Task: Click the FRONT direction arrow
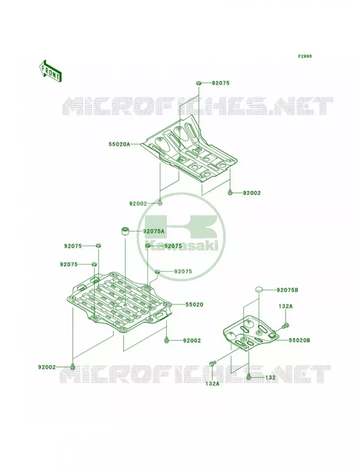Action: coord(50,71)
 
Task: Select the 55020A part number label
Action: coord(119,144)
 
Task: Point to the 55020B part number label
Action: coord(299,340)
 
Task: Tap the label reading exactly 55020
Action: coord(194,304)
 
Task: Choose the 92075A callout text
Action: coord(154,231)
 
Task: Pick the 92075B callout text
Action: coord(288,290)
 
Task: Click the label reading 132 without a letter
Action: coord(270,377)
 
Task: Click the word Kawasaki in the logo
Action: coord(181,245)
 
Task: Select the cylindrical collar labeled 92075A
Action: coord(125,231)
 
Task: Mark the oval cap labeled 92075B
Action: coord(259,290)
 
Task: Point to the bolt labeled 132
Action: coord(249,376)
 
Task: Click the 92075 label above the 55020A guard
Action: coord(220,83)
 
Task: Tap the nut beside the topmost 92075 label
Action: coord(199,82)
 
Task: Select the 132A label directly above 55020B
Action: coord(286,306)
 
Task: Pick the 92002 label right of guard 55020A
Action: coord(252,193)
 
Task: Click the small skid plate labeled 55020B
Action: coord(250,333)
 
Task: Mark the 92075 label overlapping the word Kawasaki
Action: coord(173,246)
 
